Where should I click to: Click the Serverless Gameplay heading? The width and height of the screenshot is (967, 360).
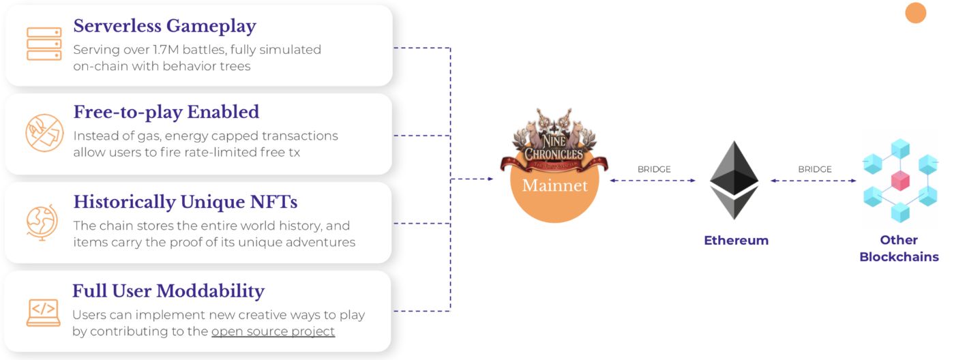(164, 27)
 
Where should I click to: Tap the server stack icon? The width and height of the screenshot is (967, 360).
(44, 44)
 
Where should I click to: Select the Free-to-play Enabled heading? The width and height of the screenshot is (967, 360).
(166, 112)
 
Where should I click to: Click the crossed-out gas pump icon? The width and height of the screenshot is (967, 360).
(44, 133)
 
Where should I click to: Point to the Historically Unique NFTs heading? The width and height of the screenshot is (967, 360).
(185, 202)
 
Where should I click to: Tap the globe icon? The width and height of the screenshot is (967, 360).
(42, 222)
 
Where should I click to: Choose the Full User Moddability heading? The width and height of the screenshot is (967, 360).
(168, 291)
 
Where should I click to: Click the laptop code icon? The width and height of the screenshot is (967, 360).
(43, 312)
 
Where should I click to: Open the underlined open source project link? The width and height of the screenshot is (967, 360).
(273, 331)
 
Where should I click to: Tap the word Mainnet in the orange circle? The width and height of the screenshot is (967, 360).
(554, 185)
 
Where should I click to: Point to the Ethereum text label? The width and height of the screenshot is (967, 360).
(736, 240)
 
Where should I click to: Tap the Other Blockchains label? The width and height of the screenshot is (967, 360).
(899, 248)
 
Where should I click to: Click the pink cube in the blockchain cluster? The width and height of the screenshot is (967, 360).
(900, 181)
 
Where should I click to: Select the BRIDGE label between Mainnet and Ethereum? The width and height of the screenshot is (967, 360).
(654, 169)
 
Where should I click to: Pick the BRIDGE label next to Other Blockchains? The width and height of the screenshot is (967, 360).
(815, 169)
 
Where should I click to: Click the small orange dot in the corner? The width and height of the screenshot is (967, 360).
(915, 13)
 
